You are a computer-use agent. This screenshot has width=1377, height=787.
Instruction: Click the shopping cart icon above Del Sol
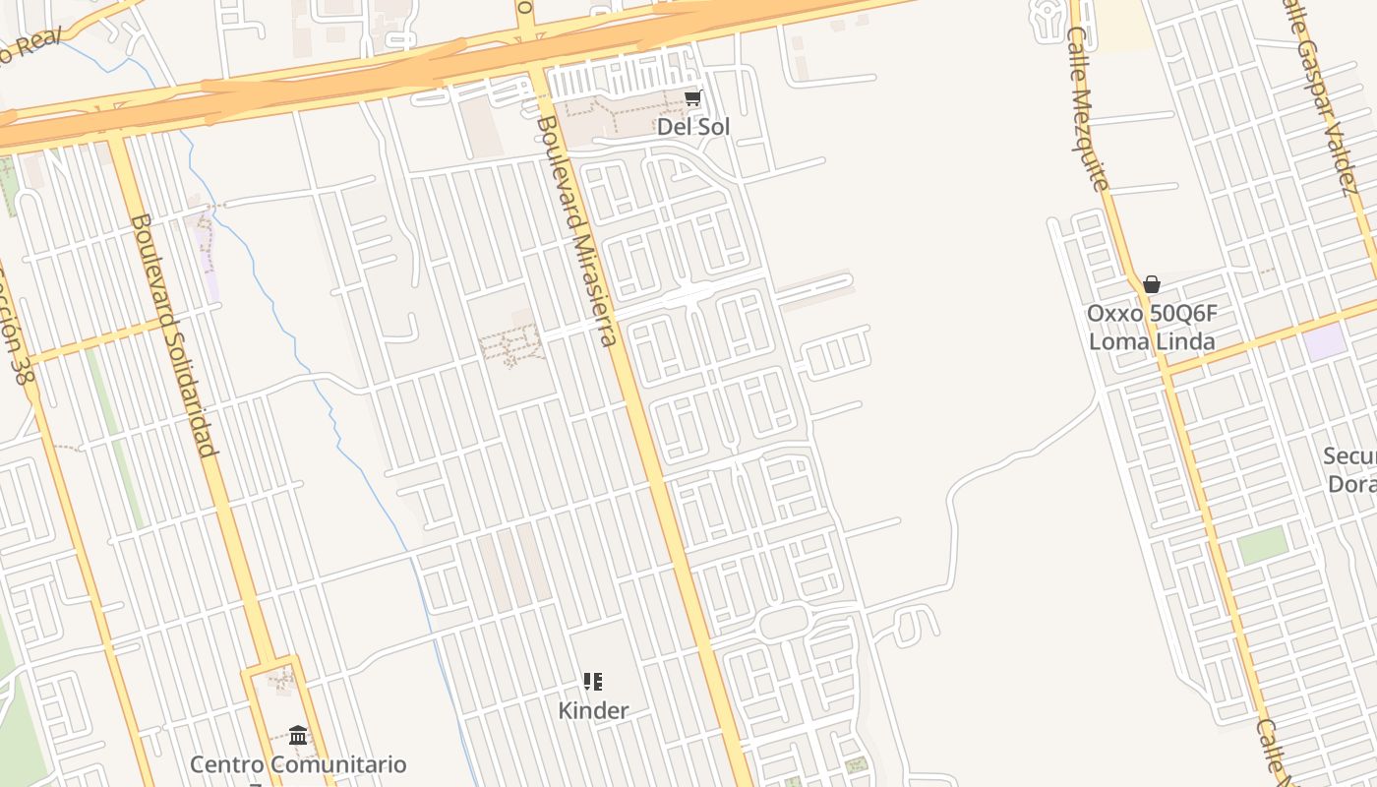(x=693, y=97)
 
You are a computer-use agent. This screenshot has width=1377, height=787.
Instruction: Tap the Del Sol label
(x=693, y=127)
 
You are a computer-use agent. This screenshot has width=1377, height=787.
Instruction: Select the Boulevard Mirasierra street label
(x=577, y=231)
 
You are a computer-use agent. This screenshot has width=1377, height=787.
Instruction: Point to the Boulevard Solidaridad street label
(x=173, y=335)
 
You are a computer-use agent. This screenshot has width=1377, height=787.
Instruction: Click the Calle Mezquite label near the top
(x=1088, y=108)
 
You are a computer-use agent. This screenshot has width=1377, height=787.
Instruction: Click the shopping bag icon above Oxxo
(x=1152, y=285)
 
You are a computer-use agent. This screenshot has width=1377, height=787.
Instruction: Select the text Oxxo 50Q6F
(x=1152, y=314)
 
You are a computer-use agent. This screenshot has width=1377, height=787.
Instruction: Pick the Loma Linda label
(x=1152, y=341)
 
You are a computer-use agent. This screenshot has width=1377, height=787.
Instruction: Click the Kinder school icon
(x=593, y=682)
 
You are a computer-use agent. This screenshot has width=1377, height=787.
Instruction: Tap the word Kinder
(x=593, y=710)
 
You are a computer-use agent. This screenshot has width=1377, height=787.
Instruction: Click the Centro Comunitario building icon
(x=298, y=735)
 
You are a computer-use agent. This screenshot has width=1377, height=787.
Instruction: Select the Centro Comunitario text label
(x=298, y=764)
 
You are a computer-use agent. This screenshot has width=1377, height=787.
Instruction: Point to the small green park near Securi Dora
(x=1263, y=545)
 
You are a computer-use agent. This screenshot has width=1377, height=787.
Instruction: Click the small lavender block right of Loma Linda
(x=1324, y=341)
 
